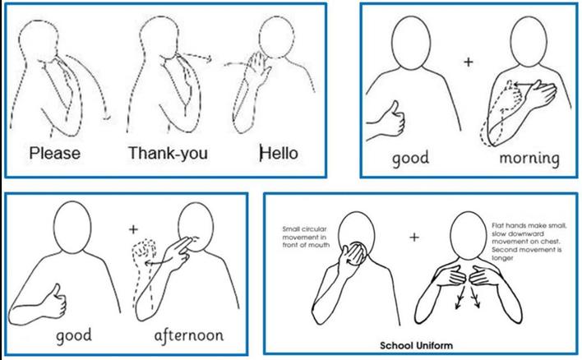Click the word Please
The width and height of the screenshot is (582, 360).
point(54,153)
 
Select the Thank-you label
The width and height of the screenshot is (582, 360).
point(168,153)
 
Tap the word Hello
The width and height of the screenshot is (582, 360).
point(279,153)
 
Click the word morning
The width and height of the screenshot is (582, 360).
point(529,158)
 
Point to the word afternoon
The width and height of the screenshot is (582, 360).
point(189,335)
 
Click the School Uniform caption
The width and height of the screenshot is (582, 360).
point(416,345)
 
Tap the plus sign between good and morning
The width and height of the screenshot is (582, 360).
point(469,62)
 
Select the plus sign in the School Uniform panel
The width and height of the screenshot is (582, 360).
point(414,237)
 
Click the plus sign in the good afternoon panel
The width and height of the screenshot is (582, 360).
point(133,229)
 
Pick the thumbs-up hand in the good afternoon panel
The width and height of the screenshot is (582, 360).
point(54,301)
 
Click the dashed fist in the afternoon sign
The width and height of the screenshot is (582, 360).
point(144,251)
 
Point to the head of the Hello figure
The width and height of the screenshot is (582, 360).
point(276,38)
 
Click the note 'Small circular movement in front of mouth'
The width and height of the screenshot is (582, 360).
point(306,237)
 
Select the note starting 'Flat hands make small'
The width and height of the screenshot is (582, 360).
point(529,242)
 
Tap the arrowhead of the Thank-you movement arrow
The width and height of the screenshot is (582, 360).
point(209,58)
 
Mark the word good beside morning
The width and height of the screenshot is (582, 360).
point(410,157)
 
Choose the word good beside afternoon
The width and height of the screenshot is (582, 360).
point(74,335)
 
